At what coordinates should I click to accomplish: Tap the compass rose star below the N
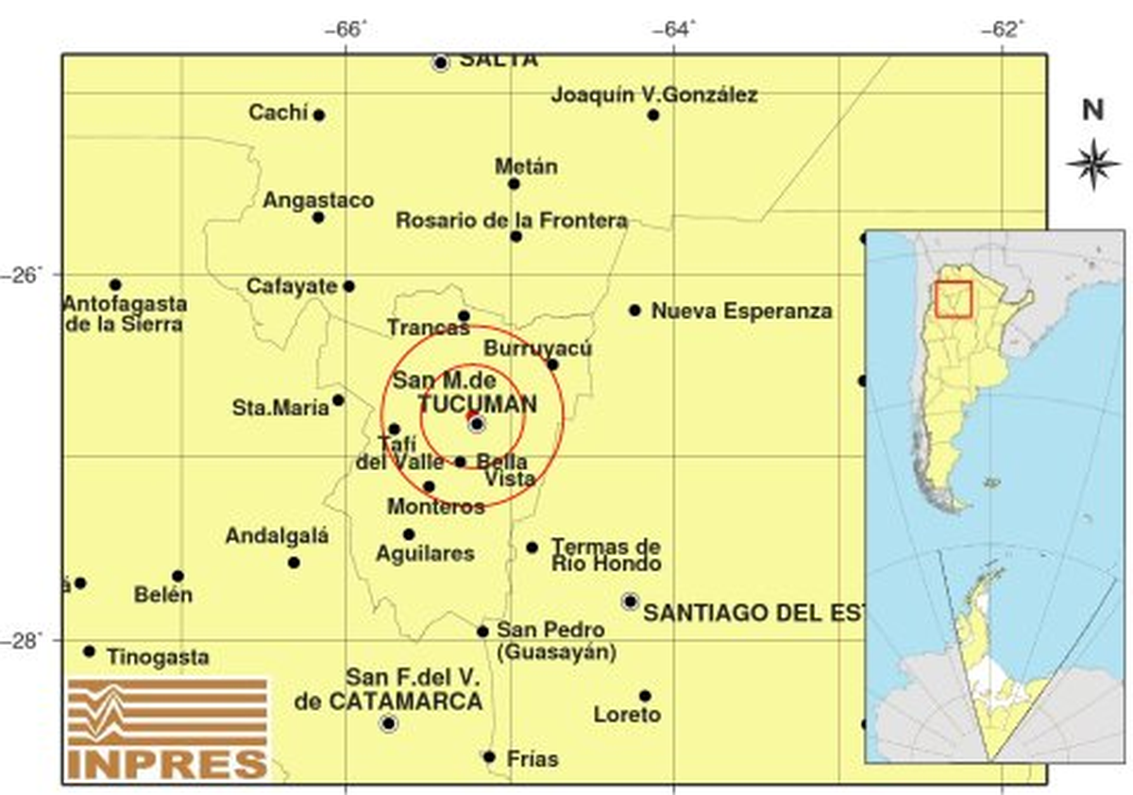[1092, 162]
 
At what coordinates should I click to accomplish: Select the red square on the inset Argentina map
[953, 298]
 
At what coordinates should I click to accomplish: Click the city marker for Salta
[440, 63]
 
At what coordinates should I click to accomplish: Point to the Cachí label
[279, 113]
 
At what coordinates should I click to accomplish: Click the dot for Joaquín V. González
[653, 115]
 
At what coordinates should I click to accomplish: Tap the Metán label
[526, 167]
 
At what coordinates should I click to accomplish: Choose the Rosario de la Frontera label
[511, 221]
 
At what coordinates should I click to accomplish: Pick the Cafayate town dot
[348, 286]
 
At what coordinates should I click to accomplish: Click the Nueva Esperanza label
[742, 311]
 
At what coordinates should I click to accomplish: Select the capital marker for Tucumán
[477, 424]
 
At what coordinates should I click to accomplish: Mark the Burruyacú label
[537, 348]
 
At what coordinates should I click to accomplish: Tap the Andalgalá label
[277, 536]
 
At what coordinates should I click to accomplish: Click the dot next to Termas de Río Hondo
[533, 548]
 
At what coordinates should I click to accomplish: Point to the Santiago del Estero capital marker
[630, 600]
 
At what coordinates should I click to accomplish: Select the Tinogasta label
[158, 657]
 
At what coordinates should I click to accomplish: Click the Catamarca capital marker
[388, 724]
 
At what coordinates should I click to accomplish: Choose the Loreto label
[627, 716]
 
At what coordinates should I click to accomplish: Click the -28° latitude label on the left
[27, 639]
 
